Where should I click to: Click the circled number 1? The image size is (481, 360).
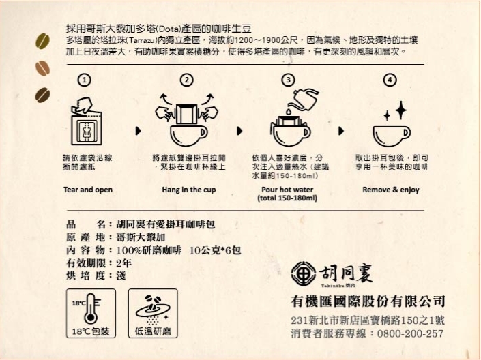85,80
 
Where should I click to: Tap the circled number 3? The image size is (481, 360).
288,80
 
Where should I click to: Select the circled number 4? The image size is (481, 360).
390,80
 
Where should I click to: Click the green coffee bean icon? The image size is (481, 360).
42,41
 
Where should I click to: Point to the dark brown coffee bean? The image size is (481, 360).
42,95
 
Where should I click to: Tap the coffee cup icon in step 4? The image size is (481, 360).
392,136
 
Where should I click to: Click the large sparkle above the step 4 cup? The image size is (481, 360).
400,110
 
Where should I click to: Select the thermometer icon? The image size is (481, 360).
91,308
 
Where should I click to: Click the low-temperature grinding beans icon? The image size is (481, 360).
152,310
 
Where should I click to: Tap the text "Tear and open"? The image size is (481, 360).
88,190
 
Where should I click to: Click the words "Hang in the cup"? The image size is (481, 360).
189,190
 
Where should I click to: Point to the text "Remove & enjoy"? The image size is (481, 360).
391,190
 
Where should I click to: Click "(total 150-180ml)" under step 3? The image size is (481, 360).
287,198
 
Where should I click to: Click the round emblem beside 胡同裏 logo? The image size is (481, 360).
304,273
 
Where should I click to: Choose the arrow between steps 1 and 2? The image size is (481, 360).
138,131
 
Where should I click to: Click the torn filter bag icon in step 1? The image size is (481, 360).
86,121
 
